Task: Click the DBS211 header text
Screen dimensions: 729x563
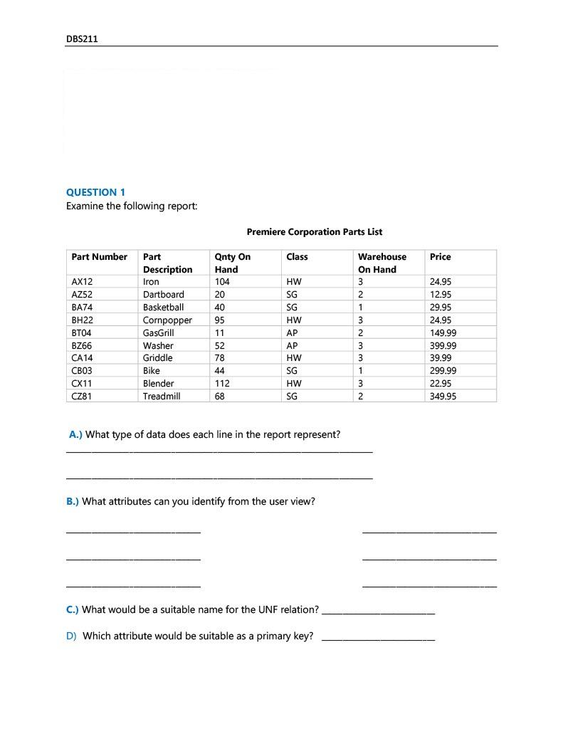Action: coord(82,39)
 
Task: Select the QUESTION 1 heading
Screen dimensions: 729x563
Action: coord(95,192)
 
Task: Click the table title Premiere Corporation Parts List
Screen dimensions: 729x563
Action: coord(314,231)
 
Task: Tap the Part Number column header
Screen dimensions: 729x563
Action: coord(99,257)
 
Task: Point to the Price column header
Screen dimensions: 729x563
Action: coord(440,257)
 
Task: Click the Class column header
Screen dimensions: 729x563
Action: coord(297,257)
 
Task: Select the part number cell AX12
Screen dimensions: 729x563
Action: coord(82,282)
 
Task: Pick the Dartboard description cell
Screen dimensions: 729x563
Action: coord(163,295)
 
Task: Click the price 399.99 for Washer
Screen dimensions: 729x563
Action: coord(443,345)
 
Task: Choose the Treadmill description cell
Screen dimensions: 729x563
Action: coord(162,396)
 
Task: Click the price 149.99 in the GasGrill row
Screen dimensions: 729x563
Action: coord(443,332)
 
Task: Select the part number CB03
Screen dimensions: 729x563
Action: coord(82,370)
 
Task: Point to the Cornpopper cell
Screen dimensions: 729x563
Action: coord(167,320)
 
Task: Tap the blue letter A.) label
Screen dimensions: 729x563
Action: coord(75,434)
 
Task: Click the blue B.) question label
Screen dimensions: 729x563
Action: coord(73,501)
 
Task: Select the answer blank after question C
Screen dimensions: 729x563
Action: coord(378,611)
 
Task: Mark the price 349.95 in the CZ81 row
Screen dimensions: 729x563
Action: coord(443,396)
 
